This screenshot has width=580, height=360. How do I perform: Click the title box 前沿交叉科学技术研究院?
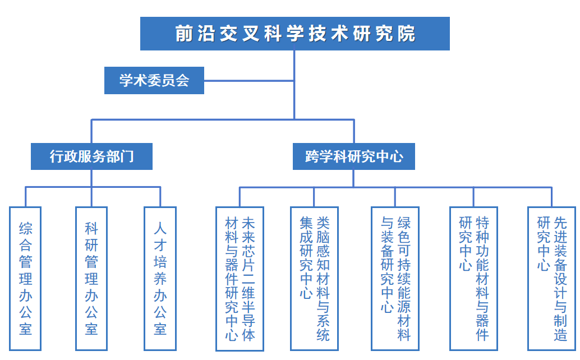point(295,34)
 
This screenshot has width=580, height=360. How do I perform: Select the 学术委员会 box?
point(154,81)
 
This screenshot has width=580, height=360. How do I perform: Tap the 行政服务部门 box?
point(91,156)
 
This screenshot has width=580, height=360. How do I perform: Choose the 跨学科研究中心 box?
point(354,156)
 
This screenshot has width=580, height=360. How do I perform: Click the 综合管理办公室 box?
point(26,279)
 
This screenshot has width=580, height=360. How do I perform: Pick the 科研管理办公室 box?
point(91,279)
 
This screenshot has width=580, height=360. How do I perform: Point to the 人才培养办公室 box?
point(160,279)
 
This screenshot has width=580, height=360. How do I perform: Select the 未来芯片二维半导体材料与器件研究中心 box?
point(240,279)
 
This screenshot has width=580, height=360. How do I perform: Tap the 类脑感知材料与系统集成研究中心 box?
point(314,279)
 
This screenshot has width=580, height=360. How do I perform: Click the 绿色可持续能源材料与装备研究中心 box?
point(395,279)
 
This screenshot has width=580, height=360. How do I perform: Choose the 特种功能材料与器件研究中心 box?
point(473,279)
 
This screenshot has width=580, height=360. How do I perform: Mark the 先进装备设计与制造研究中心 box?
point(552,279)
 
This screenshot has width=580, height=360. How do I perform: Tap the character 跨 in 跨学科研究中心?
point(312,156)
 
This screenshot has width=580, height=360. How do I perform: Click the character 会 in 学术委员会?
point(183,81)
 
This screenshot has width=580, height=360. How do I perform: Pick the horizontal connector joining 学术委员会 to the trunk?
point(249,81)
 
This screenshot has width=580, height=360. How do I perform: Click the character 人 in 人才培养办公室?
point(160,229)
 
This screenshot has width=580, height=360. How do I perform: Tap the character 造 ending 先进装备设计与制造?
point(560,335)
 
